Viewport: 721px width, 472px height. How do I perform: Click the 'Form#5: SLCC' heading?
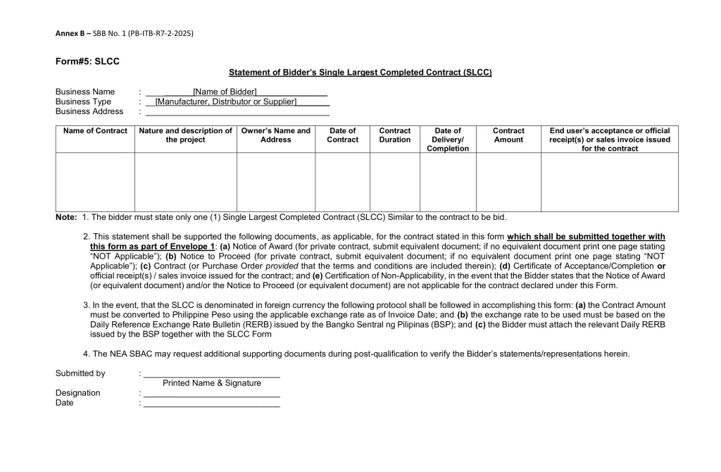[x=87, y=61]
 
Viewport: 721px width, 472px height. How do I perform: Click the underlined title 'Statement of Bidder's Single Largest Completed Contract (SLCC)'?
[x=360, y=73]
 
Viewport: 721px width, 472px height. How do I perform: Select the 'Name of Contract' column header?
[x=95, y=131]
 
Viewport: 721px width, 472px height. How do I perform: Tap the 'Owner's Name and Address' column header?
[x=275, y=135]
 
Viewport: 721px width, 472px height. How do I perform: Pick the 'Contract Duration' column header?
[x=394, y=135]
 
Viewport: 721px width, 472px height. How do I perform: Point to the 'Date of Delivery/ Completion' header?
[x=448, y=139]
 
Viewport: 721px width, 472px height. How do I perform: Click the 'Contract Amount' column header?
[x=508, y=135]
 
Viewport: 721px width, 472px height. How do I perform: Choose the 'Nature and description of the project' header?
[x=186, y=135]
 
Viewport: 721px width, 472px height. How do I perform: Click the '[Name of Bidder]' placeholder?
[x=225, y=92]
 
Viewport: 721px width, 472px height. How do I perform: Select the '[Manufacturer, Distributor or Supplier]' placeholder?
[x=226, y=101]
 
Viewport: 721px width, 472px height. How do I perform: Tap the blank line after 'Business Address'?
[x=237, y=112]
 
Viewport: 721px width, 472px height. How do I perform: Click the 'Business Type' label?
[x=83, y=101]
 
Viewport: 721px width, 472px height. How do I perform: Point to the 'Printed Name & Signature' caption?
[x=212, y=383]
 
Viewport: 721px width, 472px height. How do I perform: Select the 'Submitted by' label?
[x=80, y=373]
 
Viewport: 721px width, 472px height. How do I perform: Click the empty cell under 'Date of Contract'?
[x=342, y=182]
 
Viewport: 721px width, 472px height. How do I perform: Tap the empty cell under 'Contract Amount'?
[x=508, y=182]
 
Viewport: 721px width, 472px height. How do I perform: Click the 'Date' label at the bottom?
[x=64, y=403]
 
